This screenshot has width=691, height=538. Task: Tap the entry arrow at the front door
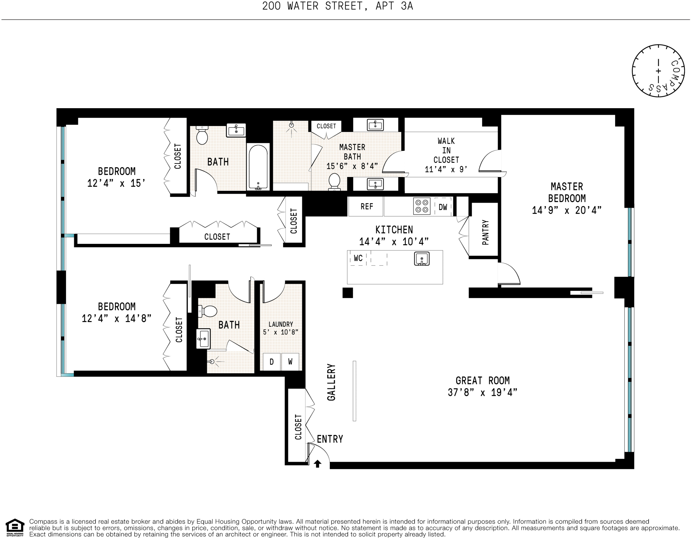tap(317, 464)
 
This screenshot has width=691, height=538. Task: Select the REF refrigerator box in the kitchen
tap(366, 207)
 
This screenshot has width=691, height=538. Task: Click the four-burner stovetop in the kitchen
tap(422, 206)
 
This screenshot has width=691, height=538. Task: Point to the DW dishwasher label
tap(443, 207)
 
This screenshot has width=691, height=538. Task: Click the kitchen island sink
tap(422, 259)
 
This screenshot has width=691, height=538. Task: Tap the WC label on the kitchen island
tap(358, 259)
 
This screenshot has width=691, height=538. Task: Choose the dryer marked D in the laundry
tap(271, 362)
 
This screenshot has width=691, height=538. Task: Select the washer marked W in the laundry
tap(290, 362)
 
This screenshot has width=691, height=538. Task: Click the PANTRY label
tap(485, 232)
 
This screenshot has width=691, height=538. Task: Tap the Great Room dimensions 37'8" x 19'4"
tap(482, 393)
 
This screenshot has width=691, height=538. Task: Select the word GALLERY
tap(331, 382)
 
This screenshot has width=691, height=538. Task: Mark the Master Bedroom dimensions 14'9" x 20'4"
tap(566, 210)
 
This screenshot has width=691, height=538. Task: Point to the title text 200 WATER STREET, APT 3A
tap(337, 6)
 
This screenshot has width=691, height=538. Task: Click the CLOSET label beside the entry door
tap(298, 427)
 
